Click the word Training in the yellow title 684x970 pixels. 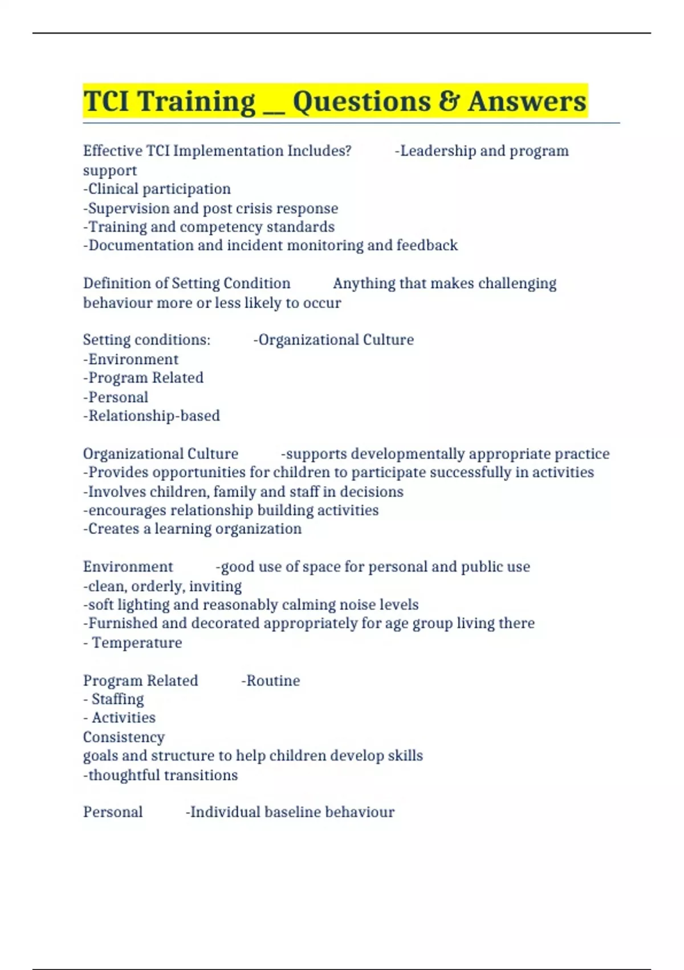[196, 102]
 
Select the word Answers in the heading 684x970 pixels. [527, 102]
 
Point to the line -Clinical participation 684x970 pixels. [157, 189]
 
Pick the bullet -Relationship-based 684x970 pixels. [152, 415]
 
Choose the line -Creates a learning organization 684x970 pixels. [192, 529]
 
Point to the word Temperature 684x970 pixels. [137, 642]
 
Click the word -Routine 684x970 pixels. [271, 681]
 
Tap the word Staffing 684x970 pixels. [117, 699]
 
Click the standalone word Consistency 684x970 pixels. [124, 737]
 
